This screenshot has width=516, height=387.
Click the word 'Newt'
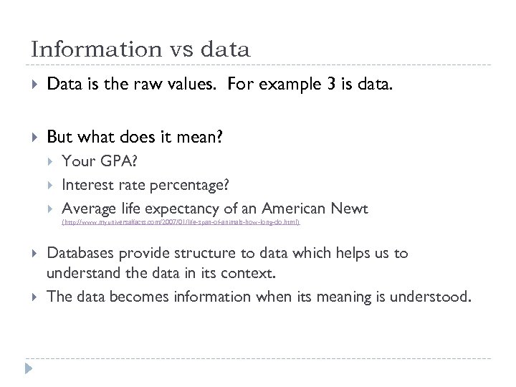click(x=349, y=209)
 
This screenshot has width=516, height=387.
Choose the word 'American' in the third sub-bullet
click(x=294, y=209)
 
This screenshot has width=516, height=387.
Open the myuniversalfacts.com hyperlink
click(x=181, y=223)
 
